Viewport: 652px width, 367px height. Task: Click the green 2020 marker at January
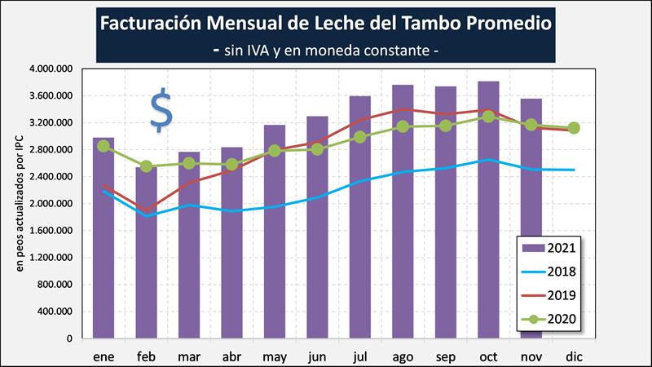tap(104, 146)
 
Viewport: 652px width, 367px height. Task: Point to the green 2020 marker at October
tap(488, 117)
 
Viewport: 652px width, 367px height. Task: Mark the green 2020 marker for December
tap(574, 127)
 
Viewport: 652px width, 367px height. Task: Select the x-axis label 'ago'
tap(403, 356)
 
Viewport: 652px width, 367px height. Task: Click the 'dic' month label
tap(574, 356)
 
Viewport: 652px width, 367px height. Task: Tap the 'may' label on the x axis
tap(275, 356)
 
